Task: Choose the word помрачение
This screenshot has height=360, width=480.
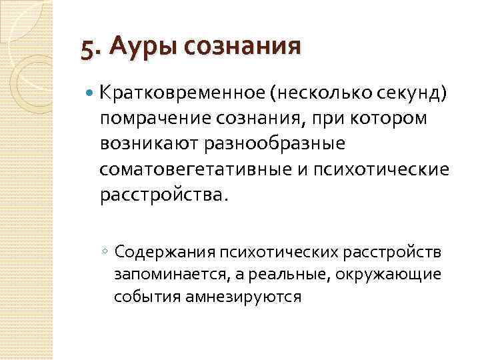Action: [x=151, y=118]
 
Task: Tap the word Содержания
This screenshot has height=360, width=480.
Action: [x=163, y=252]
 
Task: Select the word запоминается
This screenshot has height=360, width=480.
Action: [x=163, y=274]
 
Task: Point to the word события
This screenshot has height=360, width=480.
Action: [x=140, y=296]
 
